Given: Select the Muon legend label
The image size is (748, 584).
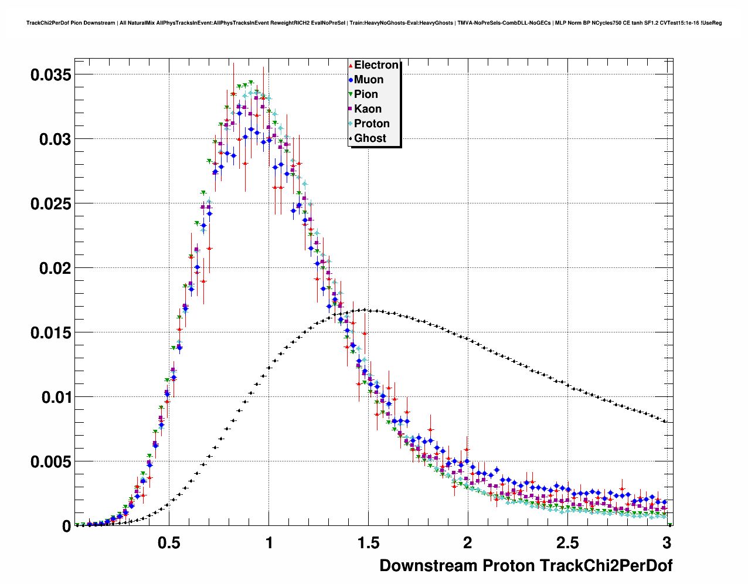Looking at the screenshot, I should coord(369,80).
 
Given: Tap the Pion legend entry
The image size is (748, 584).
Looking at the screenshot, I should coord(366,94).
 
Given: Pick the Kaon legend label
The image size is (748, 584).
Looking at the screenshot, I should coord(368,109).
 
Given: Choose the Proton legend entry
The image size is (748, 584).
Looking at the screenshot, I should coord(372,124).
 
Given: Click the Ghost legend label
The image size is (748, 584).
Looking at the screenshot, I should coord(370,138).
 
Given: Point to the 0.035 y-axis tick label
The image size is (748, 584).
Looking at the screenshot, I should coord(50,75).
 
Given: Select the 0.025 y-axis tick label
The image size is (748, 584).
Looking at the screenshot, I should coord(50,204).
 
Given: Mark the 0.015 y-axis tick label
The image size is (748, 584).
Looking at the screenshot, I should coord(50,333).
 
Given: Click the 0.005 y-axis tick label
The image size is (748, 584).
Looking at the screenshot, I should coord(50,462).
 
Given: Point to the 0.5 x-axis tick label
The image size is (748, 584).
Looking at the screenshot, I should coord(169,542).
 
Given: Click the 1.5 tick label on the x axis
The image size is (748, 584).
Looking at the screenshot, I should coord(368,542).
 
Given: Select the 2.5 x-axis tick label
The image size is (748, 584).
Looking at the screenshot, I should coord(567,542).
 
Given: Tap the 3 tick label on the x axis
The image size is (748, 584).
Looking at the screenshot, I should coord(667,542).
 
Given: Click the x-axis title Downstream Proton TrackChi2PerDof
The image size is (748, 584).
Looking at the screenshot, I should coord(526,566).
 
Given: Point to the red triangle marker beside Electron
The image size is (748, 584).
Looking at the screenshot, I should coord(351,65).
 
